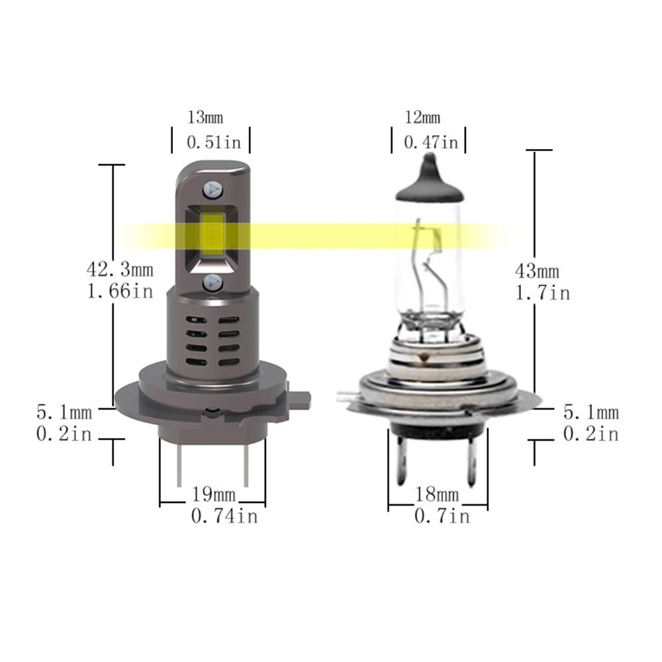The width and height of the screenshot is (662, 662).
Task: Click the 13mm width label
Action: click(205, 118)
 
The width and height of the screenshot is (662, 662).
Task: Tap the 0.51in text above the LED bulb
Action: click(213, 142)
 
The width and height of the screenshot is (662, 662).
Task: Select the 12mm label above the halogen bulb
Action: click(422, 118)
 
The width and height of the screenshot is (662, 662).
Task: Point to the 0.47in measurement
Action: click(430, 142)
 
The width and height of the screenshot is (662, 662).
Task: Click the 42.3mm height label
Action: click(120, 270)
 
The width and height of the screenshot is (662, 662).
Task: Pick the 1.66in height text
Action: click(120, 291)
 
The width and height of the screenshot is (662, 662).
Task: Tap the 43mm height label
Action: click(537, 271)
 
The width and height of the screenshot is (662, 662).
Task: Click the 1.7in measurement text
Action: click(542, 292)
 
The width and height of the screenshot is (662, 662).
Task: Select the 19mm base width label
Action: click(214, 494)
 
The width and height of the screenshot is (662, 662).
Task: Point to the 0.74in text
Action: click(224, 516)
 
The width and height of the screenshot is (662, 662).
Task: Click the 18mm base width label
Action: click(436, 494)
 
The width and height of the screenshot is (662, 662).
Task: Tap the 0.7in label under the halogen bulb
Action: click(442, 516)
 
